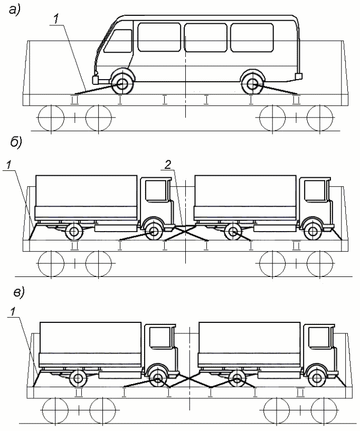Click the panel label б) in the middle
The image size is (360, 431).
[15, 142]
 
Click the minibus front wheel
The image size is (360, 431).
[123, 83]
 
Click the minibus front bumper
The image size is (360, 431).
[98, 80]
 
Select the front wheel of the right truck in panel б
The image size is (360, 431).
[314, 231]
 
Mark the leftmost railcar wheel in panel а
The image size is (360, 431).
[51, 117]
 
